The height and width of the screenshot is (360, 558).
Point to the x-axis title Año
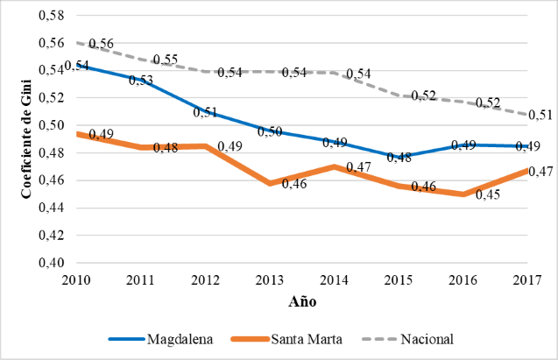click(x=302, y=303)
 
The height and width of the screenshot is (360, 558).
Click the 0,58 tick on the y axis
click(x=52, y=15)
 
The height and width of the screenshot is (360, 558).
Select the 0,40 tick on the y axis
click(x=52, y=263)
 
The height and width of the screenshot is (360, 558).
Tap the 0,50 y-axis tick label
click(x=52, y=125)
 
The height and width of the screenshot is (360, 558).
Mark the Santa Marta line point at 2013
click(x=269, y=183)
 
